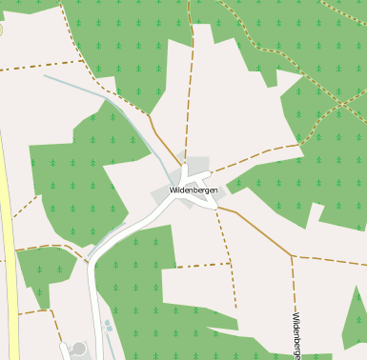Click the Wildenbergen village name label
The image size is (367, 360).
point(194,190)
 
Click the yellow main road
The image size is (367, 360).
point(7,238)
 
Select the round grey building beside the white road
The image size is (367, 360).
point(78,349)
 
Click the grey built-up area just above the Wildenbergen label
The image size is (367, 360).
point(196,167)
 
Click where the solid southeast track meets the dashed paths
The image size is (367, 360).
point(291,255)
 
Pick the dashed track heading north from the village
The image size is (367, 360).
point(191,95)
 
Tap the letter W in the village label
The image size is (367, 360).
point(173,190)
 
